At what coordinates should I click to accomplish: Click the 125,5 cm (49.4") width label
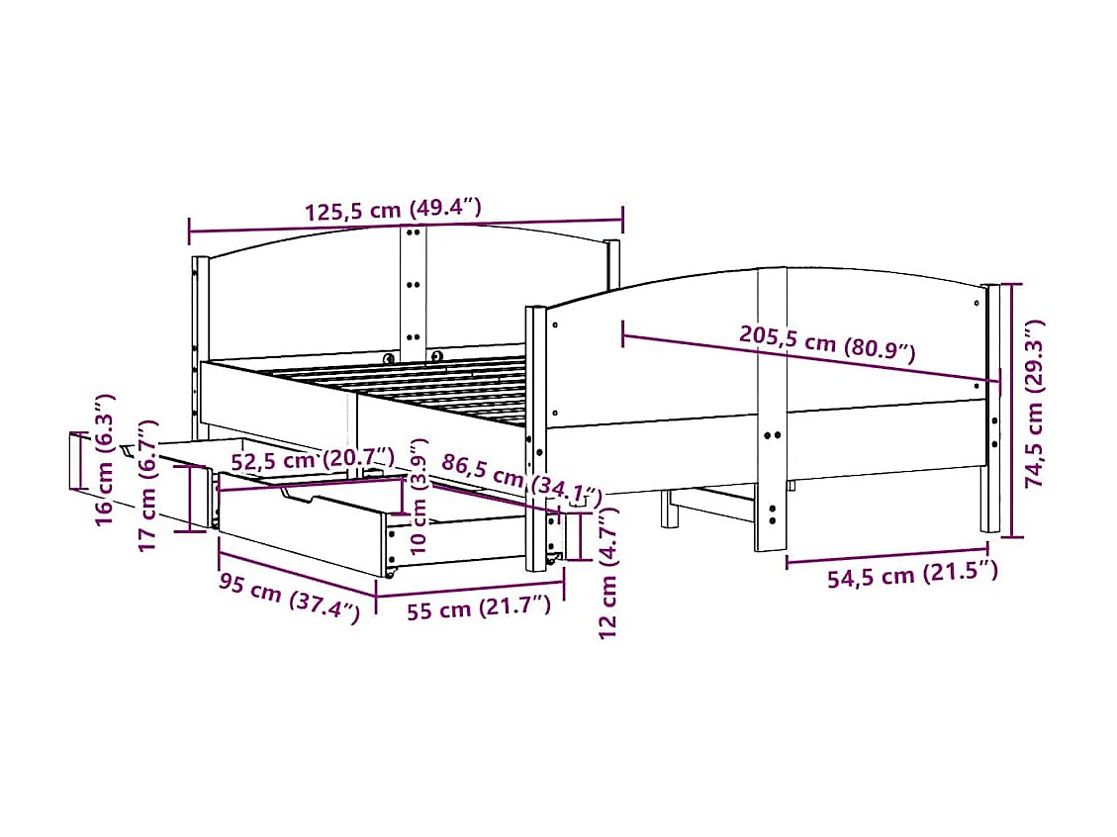point(392,211)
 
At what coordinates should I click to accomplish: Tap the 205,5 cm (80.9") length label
point(827,341)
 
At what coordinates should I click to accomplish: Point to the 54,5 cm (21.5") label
point(912,575)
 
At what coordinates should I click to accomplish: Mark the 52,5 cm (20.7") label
point(313,459)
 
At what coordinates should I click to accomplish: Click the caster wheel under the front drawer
point(391,571)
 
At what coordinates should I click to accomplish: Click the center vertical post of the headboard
point(414,287)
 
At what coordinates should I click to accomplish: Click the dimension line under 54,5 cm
point(886,555)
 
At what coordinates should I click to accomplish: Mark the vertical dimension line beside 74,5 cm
point(1009,411)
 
